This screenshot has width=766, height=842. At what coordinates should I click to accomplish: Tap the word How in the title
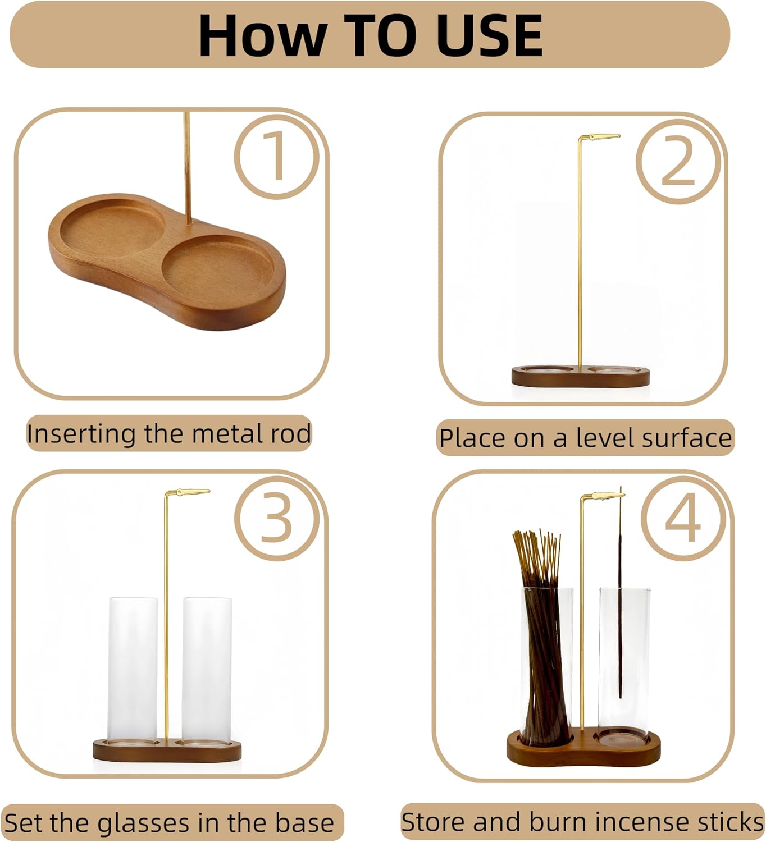coord(263,36)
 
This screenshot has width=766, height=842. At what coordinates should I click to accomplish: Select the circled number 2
coord(678,162)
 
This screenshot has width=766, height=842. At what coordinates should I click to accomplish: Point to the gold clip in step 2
coord(604,136)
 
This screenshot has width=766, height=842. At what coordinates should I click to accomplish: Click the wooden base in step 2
coord(580,376)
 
